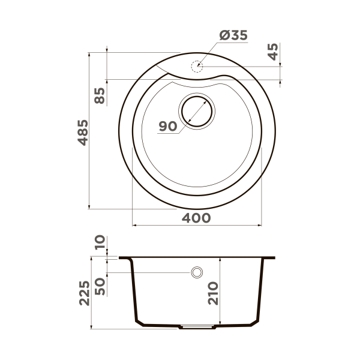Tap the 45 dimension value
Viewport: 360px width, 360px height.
274,53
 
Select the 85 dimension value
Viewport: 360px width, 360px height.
100,95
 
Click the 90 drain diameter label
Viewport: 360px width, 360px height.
167,126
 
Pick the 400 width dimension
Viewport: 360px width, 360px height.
196,217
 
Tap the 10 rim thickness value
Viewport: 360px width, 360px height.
100,243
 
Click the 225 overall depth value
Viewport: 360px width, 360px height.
85,293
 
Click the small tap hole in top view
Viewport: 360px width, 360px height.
197,66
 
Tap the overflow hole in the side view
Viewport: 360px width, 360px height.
196,273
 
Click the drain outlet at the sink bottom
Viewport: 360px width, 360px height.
197,328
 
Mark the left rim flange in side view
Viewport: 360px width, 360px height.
125,258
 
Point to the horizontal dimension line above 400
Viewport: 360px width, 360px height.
196,226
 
